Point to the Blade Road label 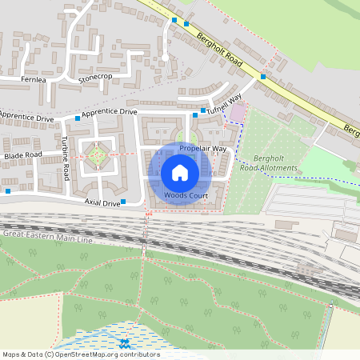tap(22, 154)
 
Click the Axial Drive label tap(102, 203)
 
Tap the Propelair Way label tap(202, 149)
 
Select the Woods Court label tap(181, 195)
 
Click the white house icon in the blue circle tap(180, 173)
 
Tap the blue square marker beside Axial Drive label tap(123, 202)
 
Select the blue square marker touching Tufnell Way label tap(205, 110)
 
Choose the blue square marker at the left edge tap(7, 191)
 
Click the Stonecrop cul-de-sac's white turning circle tap(164, 58)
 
